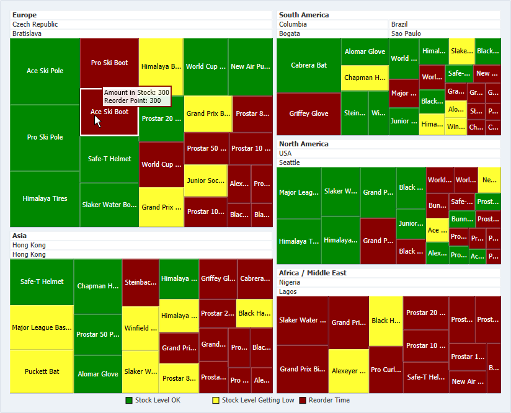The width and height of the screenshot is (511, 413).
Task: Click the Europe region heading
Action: pos(24,15)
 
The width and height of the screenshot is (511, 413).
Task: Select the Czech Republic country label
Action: pos(35,24)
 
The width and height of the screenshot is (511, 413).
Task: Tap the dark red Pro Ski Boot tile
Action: pos(109,63)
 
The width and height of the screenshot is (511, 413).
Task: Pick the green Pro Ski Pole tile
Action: pos(45,137)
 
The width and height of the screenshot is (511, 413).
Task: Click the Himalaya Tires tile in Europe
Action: pos(45,198)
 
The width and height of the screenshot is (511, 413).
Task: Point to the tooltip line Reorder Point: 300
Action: pos(132,100)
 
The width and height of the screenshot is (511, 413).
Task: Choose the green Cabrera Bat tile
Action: pos(308,65)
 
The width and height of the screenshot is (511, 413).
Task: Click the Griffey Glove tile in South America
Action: pos(308,113)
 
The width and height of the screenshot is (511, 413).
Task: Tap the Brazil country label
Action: pos(399,24)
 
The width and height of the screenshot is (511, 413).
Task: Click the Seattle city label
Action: pos(290,162)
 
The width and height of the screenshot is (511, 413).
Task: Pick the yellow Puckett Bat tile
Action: pos(42,371)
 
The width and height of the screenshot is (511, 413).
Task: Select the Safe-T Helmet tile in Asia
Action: pos(42,282)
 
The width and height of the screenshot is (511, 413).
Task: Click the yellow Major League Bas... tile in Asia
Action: pos(42,327)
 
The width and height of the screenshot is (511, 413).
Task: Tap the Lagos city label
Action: pos(288,291)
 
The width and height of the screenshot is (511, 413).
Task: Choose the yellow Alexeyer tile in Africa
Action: pos(348,371)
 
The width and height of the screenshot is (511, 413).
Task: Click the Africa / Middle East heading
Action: pos(313,273)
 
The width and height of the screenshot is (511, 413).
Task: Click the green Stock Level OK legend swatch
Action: pos(129,401)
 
